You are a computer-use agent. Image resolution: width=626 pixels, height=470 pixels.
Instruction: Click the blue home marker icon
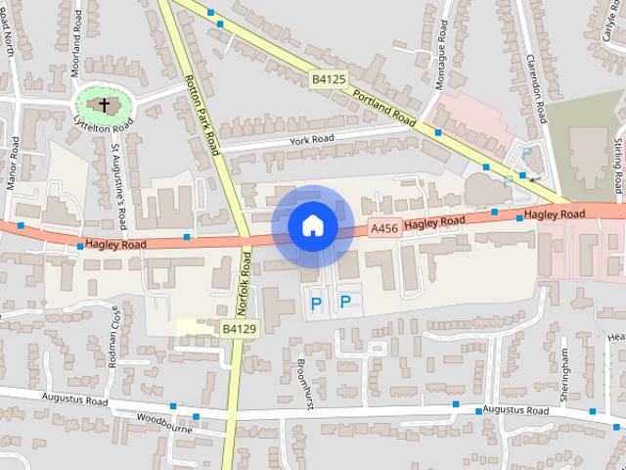click(x=312, y=226)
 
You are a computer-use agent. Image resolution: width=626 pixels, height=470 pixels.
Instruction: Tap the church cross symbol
click(x=105, y=104)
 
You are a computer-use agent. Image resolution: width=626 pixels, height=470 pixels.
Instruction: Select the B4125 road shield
click(x=329, y=77)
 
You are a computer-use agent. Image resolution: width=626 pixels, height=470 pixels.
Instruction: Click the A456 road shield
click(x=384, y=228)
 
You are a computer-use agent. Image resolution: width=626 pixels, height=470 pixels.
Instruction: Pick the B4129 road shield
click(x=239, y=329)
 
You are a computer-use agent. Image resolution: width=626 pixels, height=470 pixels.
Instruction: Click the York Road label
click(x=312, y=141)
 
